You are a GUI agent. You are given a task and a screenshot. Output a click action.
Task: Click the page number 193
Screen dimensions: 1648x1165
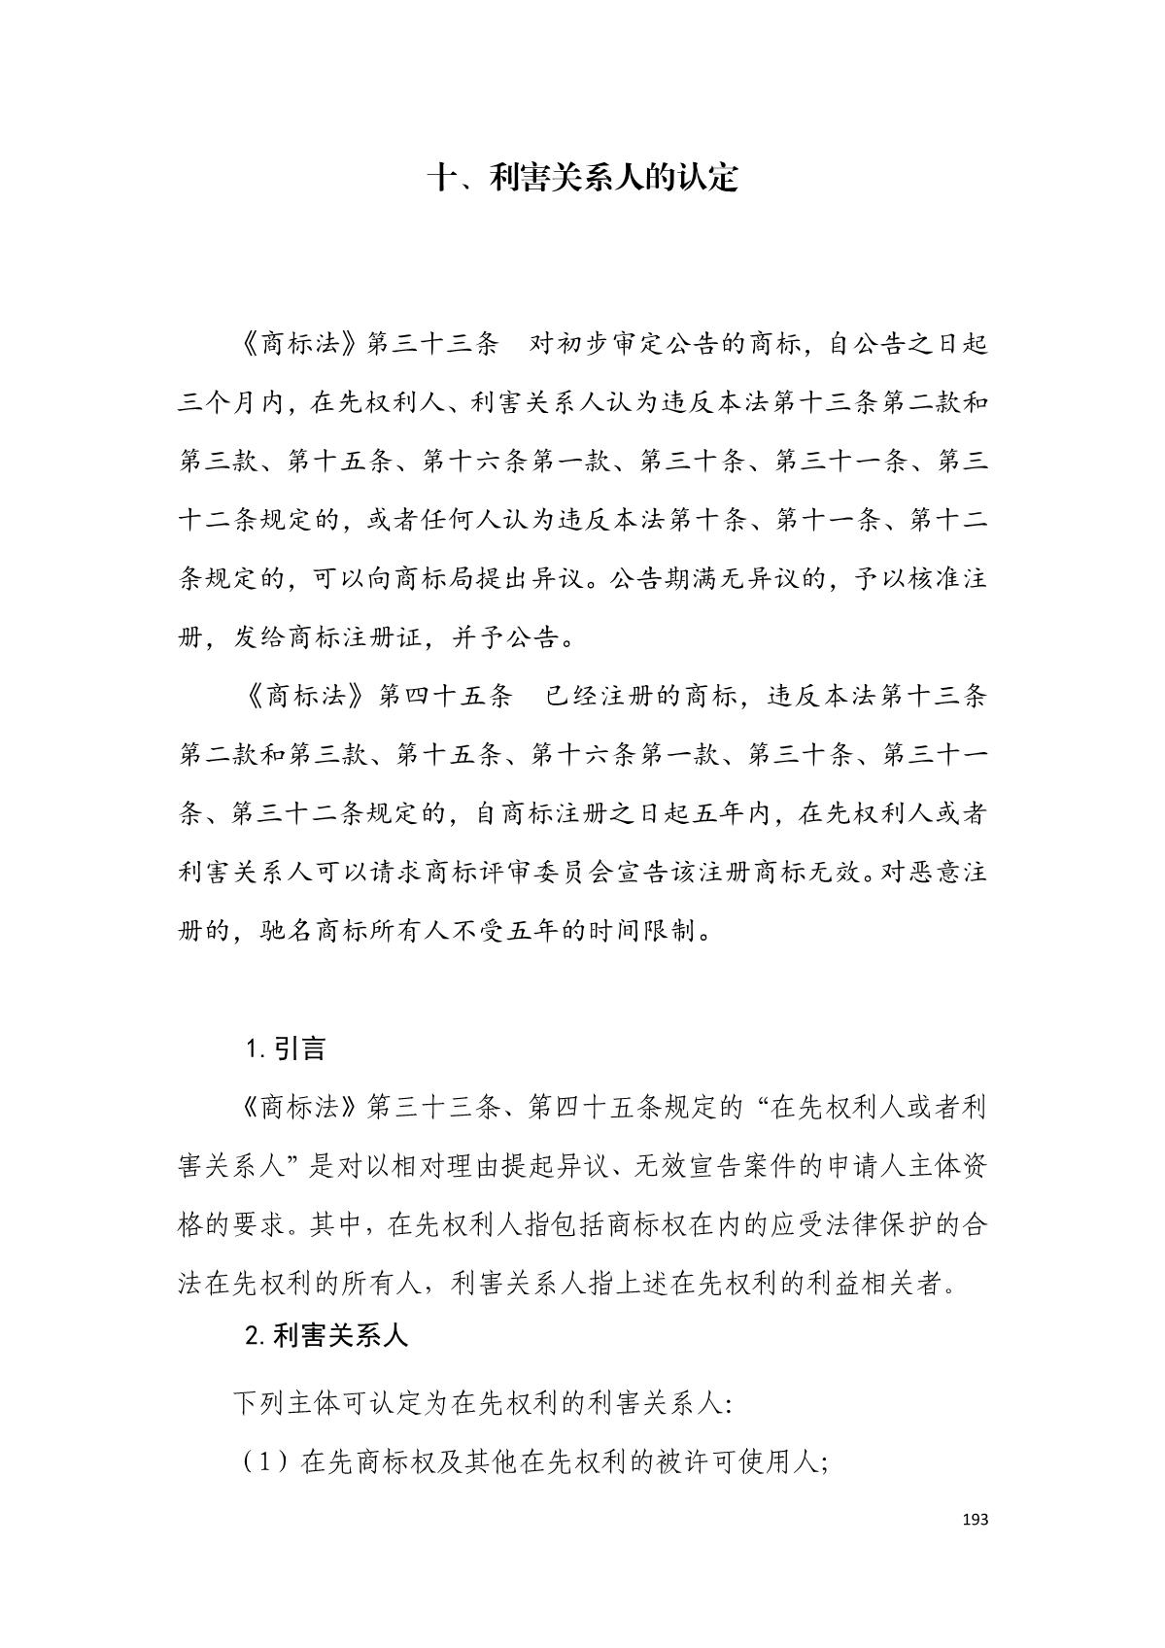975,1519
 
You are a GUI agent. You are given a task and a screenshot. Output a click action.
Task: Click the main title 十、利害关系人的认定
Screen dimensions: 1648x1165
583,178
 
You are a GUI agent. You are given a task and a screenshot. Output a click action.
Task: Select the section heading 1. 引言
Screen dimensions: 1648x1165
286,1048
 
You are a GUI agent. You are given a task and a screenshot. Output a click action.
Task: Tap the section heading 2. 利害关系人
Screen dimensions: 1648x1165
326,1336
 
